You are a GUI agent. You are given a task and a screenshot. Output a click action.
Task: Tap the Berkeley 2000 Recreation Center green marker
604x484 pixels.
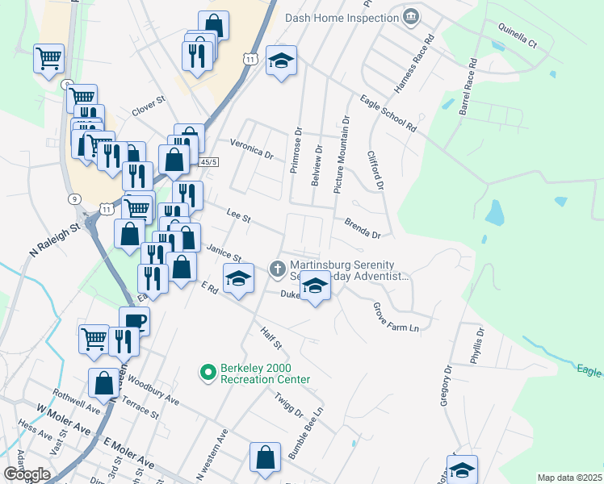[208, 372]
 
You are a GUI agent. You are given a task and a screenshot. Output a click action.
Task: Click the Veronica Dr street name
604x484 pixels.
[252, 148]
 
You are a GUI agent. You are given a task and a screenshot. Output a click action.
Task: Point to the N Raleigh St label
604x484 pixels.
[56, 240]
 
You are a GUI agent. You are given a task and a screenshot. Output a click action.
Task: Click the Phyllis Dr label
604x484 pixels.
[478, 343]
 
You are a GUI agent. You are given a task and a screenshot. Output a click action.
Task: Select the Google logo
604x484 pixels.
[27, 474]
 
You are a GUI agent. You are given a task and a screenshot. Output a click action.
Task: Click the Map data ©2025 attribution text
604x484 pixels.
[568, 478]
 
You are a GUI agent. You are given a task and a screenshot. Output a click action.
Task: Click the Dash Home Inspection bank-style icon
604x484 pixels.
[412, 17]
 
